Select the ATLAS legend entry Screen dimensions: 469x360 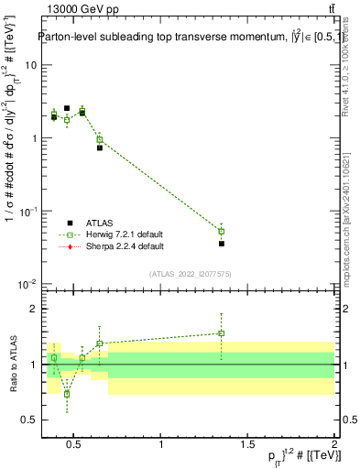point(102,223)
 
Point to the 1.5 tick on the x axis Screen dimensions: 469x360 point(248,446)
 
